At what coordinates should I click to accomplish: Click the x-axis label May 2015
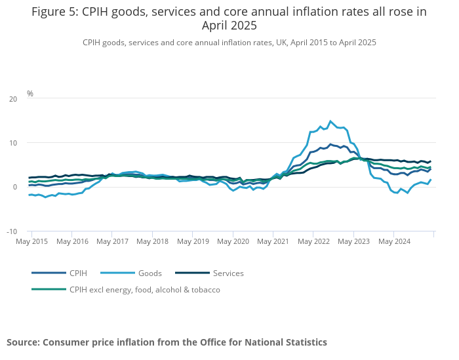[31, 241]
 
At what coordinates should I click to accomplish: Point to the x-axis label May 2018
[152, 241]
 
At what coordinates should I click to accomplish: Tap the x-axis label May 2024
[394, 241]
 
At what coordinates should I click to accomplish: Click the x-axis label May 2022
[313, 241]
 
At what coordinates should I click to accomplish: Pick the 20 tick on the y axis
[12, 99]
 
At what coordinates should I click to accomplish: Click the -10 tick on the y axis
[11, 231]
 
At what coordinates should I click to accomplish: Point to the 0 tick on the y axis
[15, 188]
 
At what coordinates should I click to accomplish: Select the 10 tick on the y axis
[12, 143]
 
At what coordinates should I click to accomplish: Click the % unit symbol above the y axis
[30, 94]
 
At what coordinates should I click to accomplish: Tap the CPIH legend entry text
[77, 273]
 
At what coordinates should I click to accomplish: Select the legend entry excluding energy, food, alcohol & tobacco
[144, 289]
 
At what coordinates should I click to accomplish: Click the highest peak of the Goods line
[330, 121]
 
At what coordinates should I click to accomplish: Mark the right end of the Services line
[430, 161]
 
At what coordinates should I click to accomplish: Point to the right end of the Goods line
[431, 180]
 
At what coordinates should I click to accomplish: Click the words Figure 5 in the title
[55, 12]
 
